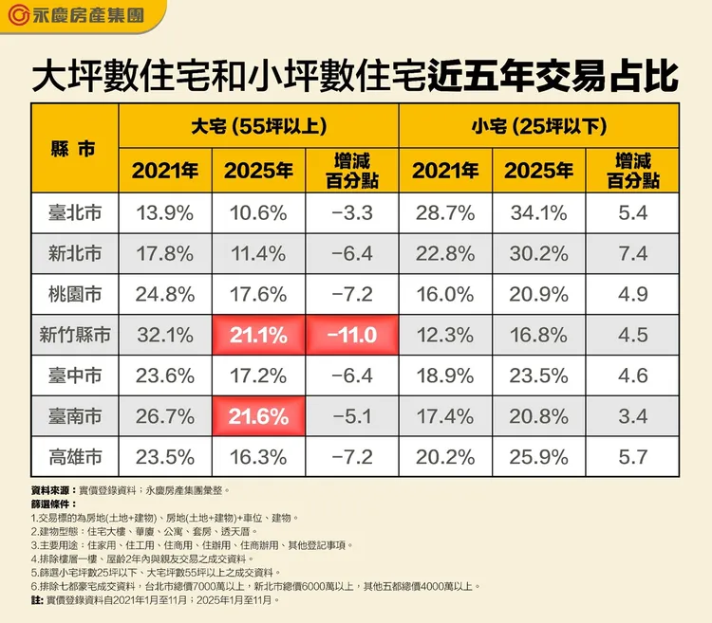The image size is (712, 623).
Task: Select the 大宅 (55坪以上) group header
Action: click(x=258, y=125)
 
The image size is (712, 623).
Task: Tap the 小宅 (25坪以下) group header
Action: click(x=538, y=125)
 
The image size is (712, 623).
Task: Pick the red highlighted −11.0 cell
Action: click(x=351, y=336)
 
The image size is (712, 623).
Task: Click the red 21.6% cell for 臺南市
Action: click(x=258, y=417)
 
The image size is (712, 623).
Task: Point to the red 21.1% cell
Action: click(x=258, y=336)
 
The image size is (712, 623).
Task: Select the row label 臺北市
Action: click(x=73, y=213)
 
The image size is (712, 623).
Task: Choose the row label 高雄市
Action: click(x=73, y=458)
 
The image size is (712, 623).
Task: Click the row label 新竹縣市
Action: click(x=73, y=336)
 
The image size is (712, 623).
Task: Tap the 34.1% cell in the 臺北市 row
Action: click(x=538, y=213)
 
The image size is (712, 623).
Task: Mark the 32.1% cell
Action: click(x=165, y=336)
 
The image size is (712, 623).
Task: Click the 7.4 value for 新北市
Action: click(x=631, y=254)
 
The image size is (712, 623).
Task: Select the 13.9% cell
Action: click(x=165, y=213)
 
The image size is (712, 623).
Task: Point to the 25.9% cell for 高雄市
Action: click(x=538, y=458)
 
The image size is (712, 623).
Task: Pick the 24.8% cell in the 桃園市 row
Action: click(x=165, y=295)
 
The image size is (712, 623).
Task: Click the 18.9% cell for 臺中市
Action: click(x=445, y=376)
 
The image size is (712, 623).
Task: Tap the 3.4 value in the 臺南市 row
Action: click(x=631, y=417)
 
